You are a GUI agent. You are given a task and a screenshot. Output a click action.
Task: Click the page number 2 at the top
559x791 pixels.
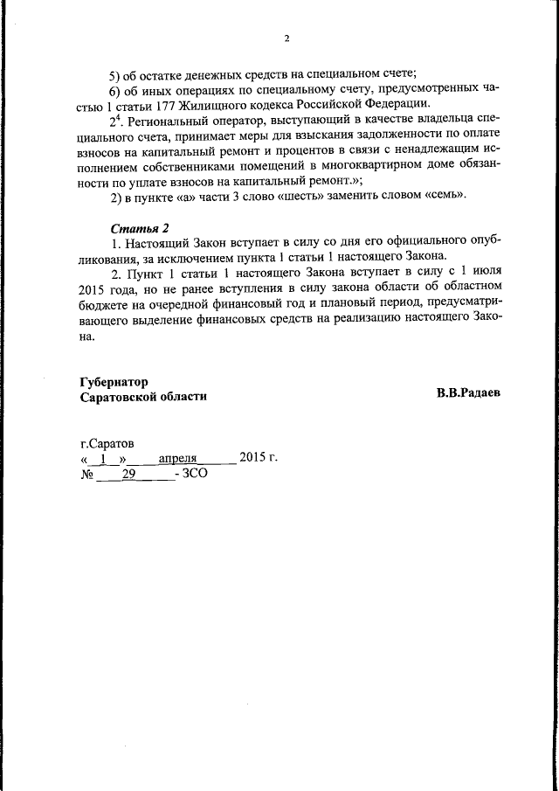tap(286, 38)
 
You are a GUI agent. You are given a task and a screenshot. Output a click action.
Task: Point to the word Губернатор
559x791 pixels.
tap(114, 382)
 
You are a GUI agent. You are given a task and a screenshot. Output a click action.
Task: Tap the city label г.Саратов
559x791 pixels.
tap(107, 444)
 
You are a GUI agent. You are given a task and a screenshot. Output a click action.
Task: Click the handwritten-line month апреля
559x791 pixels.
tap(179, 459)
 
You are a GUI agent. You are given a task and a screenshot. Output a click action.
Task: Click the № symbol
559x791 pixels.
tap(86, 474)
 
